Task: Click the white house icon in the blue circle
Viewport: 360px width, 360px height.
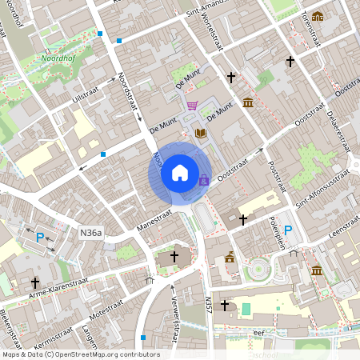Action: click(180, 173)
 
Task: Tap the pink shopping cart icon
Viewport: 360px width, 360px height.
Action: click(192, 106)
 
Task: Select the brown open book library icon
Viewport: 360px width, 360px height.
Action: click(200, 134)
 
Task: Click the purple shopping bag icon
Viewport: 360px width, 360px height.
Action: click(203, 180)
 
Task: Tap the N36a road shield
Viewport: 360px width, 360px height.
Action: click(91, 233)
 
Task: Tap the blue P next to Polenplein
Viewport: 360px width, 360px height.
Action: click(288, 231)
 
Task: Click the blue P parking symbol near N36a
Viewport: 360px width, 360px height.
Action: click(40, 237)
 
